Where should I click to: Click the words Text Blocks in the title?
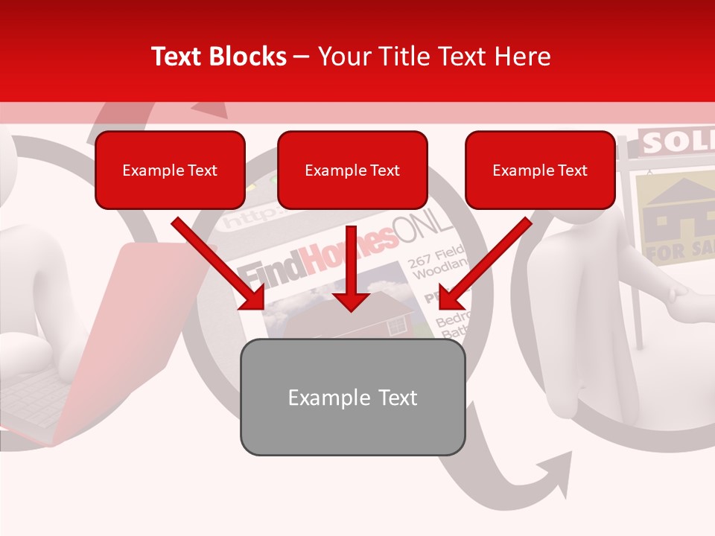tap(218, 57)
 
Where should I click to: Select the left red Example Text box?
tap(170, 170)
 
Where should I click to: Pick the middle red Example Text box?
tap(352, 170)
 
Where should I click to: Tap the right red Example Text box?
tap(540, 170)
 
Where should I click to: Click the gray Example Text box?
tap(352, 398)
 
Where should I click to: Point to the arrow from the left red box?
tap(220, 264)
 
